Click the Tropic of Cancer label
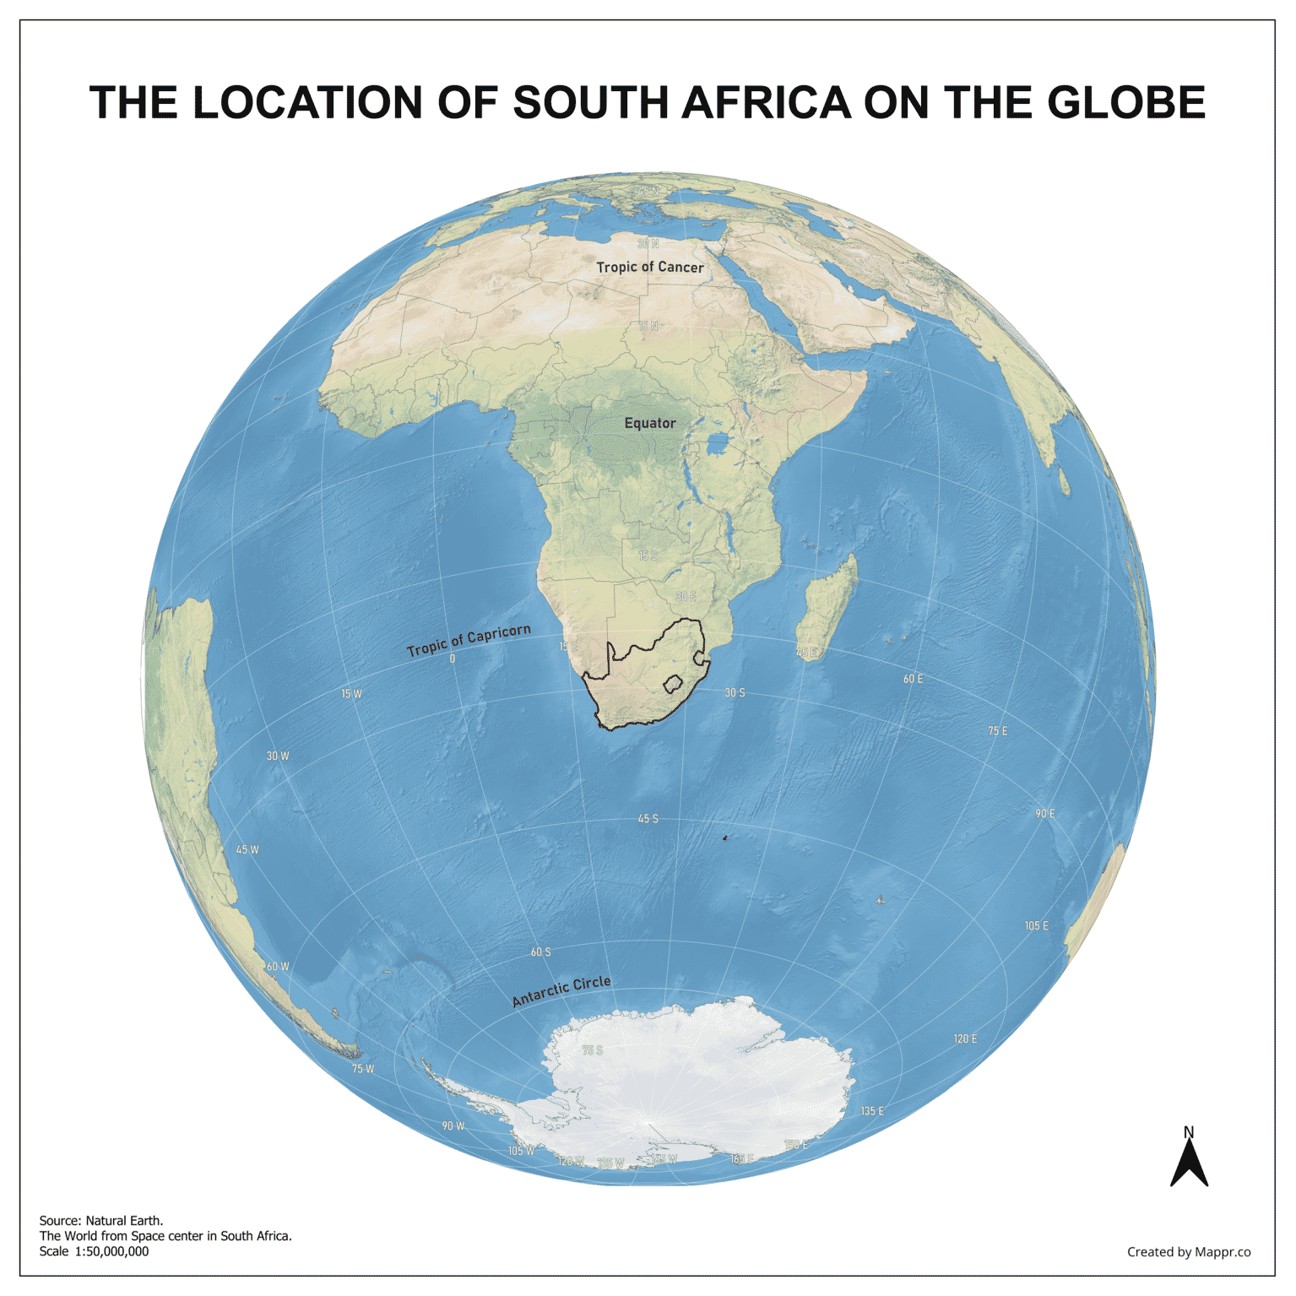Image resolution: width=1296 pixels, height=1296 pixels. pyautogui.click(x=649, y=267)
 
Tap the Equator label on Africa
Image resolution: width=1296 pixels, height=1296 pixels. pyautogui.click(x=649, y=423)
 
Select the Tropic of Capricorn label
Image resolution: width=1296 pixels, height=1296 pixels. pyautogui.click(x=469, y=640)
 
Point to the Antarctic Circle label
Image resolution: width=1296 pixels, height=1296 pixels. pyautogui.click(x=561, y=990)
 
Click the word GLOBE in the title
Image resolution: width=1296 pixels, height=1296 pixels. pyautogui.click(x=1126, y=103)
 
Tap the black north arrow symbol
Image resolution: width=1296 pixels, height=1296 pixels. pyautogui.click(x=1189, y=1164)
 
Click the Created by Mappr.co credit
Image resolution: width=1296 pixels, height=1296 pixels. pyautogui.click(x=1188, y=1251)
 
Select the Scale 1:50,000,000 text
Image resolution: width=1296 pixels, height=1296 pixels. pyautogui.click(x=94, y=1251)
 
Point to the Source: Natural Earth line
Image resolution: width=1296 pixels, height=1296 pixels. pyautogui.click(x=101, y=1220)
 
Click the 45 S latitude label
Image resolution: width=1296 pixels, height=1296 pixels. pyautogui.click(x=648, y=819)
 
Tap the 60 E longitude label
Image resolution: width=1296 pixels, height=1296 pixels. pyautogui.click(x=913, y=679)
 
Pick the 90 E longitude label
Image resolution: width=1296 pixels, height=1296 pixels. pyautogui.click(x=1044, y=814)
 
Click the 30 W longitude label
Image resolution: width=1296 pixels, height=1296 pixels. pyautogui.click(x=278, y=756)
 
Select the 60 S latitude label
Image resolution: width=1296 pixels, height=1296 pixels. pyautogui.click(x=540, y=952)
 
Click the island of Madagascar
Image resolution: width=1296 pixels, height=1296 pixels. pyautogui.click(x=827, y=608)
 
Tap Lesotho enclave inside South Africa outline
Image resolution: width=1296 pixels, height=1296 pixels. pyautogui.click(x=673, y=685)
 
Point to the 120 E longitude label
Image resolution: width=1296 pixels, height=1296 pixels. pyautogui.click(x=965, y=1038)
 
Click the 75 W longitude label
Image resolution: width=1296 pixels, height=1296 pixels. pyautogui.click(x=363, y=1069)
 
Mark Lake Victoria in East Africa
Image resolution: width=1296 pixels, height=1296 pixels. pyautogui.click(x=718, y=443)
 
